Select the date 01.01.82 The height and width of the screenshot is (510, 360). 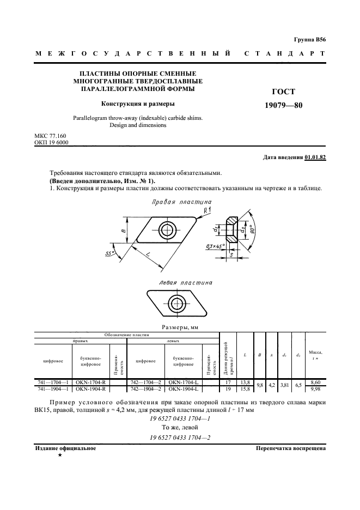(315, 157)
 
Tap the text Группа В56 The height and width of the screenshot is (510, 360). (309, 40)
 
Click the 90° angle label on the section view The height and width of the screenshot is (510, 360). (252, 229)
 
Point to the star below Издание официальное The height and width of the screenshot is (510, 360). (59, 454)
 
